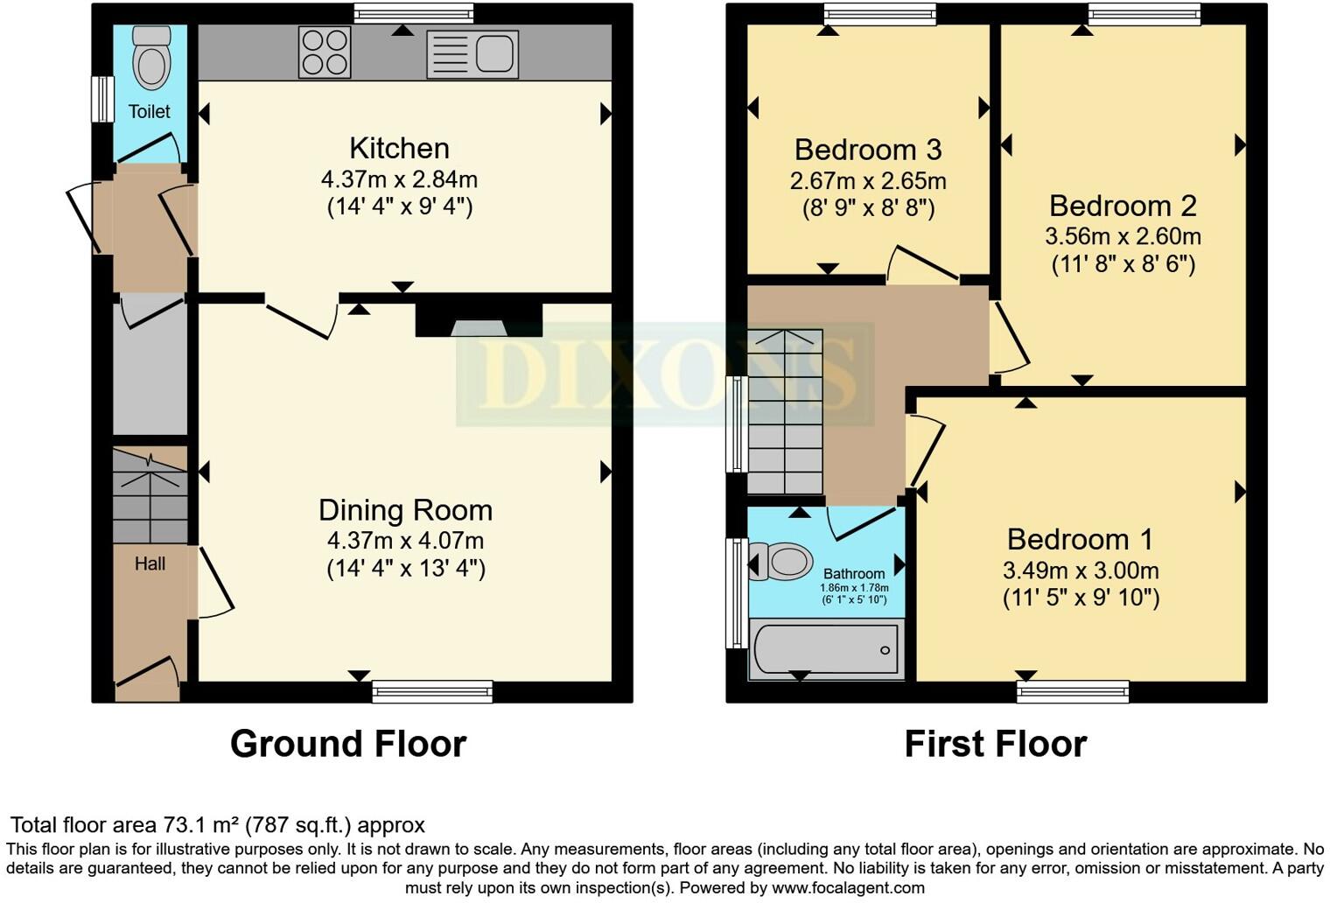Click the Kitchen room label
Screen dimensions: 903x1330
pos(399,148)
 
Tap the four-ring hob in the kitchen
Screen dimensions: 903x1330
pos(325,52)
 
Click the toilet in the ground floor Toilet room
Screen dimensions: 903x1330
pos(150,58)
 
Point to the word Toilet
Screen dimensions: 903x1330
pos(150,111)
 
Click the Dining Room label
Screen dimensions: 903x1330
pos(405,510)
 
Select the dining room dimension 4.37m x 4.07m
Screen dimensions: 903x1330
pos(405,541)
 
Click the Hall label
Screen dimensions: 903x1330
pos(150,563)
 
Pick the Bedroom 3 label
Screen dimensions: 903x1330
pos(868,150)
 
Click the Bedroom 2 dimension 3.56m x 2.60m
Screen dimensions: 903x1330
pos(1123,236)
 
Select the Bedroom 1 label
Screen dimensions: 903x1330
pos(1080,539)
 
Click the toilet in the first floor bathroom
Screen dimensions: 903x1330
pos(780,562)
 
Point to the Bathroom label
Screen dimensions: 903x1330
pos(854,574)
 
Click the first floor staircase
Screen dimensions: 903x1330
pos(785,411)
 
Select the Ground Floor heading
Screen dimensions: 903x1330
pos(348,744)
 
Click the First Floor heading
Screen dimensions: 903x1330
pos(995,744)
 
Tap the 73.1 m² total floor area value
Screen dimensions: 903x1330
pos(201,825)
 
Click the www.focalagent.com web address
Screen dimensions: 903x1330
pos(848,887)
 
